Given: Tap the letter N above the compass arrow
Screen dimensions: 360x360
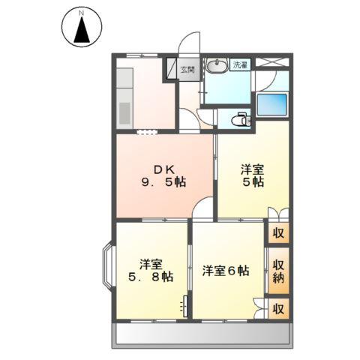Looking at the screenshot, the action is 81,13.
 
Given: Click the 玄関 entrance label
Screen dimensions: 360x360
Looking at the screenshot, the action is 187,70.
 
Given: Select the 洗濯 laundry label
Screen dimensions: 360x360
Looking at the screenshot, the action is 240,65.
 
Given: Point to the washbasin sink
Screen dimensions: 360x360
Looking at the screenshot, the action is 217,66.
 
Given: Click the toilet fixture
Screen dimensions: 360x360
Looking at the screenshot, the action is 241,120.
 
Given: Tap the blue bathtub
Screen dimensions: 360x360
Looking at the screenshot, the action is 272,105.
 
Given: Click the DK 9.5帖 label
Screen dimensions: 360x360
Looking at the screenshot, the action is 163,176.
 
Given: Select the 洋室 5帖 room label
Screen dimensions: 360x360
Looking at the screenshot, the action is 253,176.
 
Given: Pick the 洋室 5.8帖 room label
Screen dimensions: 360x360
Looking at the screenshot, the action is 151,271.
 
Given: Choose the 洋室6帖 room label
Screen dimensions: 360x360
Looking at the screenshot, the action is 226,271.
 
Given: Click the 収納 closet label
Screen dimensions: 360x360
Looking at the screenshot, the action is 278,271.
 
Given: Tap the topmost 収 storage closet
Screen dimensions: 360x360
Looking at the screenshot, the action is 278,233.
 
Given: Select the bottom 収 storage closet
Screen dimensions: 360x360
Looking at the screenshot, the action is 278,309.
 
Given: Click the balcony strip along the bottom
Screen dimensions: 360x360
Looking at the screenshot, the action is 202,335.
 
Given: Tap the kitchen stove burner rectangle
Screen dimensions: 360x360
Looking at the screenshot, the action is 124,113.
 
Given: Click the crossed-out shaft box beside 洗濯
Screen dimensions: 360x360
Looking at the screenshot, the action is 272,61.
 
